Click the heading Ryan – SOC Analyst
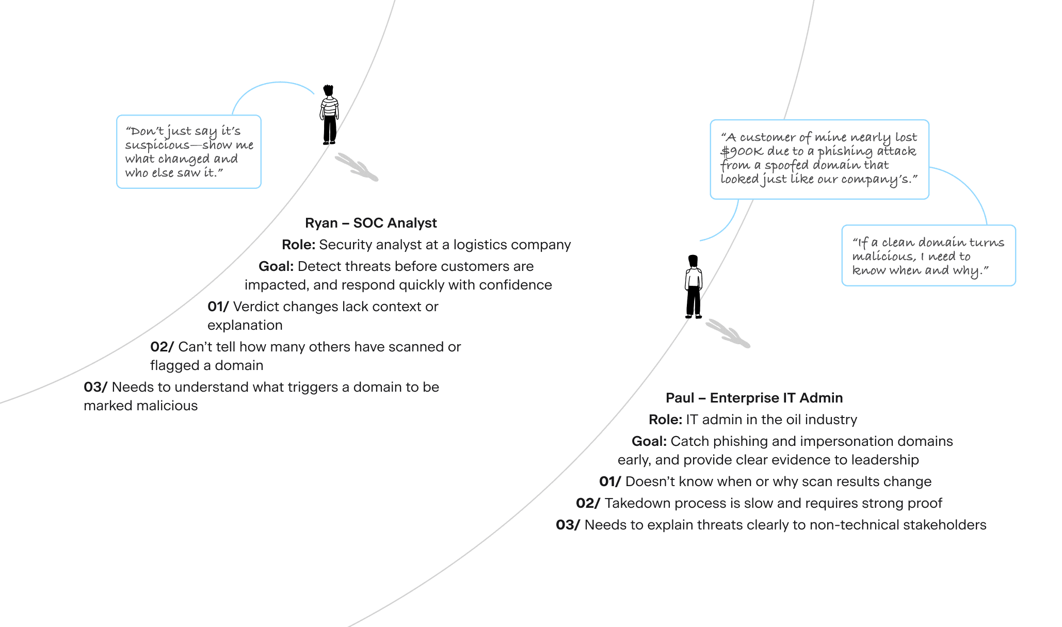pos(371,223)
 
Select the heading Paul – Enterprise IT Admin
pos(754,398)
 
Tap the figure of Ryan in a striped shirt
pos(329,115)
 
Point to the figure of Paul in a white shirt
pos(694,287)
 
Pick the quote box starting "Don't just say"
pos(189,152)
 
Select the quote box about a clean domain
pos(928,256)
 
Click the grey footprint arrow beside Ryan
pos(357,167)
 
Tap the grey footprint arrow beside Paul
pos(728,333)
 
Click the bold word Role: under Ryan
pos(298,245)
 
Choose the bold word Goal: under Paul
pos(649,441)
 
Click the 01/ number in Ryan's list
pos(218,307)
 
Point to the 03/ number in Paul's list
pos(568,525)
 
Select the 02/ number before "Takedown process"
pos(588,503)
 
